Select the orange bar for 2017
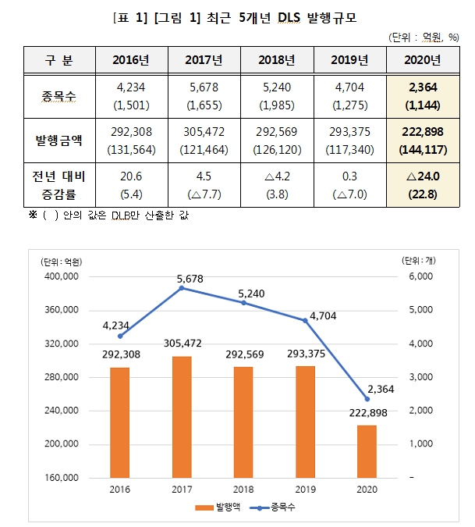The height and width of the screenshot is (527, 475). click(x=182, y=417)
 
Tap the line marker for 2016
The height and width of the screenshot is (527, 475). click(x=120, y=336)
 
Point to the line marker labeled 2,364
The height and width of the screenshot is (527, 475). click(x=367, y=399)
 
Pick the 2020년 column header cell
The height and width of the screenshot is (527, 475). click(x=424, y=59)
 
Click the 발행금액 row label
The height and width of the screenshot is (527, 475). click(x=58, y=141)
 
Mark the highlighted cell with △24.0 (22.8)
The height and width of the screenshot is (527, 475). click(x=424, y=185)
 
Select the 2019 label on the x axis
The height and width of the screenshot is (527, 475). click(x=306, y=490)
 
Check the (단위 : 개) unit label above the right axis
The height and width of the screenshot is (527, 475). click(x=422, y=261)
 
